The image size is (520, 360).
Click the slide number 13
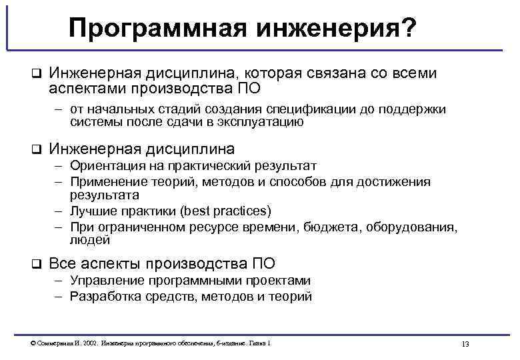(465, 343)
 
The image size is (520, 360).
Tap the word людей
(88, 240)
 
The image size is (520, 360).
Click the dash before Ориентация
(59, 166)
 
